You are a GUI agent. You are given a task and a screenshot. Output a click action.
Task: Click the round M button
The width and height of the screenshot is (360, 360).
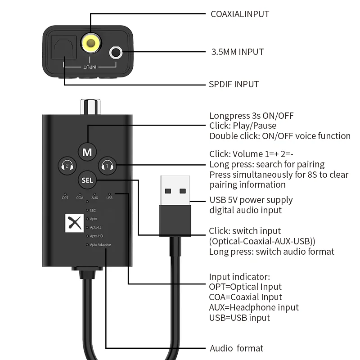pyautogui.click(x=87, y=152)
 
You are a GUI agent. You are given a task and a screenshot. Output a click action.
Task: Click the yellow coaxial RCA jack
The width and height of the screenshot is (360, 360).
pyautogui.click(x=90, y=43)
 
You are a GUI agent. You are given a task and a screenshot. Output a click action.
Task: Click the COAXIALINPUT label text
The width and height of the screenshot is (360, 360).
pyautogui.click(x=240, y=14)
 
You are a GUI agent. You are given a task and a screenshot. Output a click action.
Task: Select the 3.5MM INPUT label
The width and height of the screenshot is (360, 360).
pyautogui.click(x=237, y=52)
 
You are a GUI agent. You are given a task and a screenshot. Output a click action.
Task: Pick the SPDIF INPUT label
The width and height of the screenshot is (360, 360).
pyautogui.click(x=234, y=84)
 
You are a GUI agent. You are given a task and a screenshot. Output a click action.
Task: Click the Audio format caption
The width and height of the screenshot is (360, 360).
pyautogui.click(x=236, y=348)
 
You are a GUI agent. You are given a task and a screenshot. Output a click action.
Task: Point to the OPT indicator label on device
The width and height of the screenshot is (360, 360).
pyautogui.click(x=65, y=198)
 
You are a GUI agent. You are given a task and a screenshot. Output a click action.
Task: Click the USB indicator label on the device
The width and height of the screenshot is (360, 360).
pyautogui.click(x=109, y=198)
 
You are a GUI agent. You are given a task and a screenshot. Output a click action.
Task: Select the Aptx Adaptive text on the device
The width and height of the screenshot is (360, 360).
pyautogui.click(x=100, y=245)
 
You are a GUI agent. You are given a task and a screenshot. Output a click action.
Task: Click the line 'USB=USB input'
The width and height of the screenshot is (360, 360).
pyautogui.click(x=239, y=318)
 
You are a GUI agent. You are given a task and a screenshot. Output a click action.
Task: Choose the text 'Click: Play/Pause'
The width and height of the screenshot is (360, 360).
pyautogui.click(x=243, y=126)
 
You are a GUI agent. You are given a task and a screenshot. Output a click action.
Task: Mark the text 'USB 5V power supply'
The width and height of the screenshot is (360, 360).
pyautogui.click(x=251, y=200)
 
